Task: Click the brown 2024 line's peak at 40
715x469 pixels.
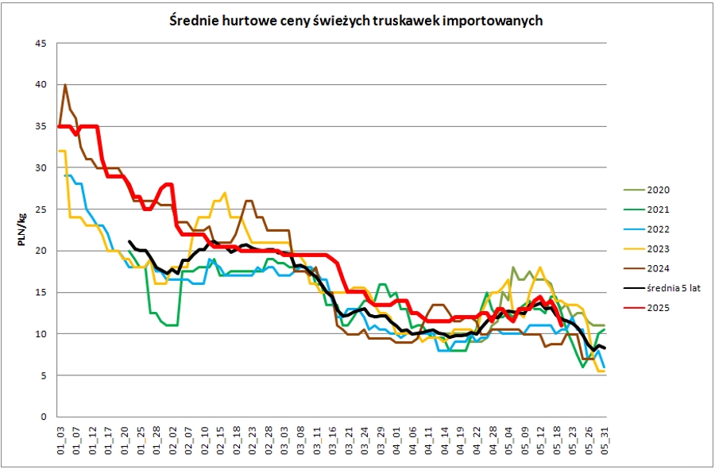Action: click(x=65, y=84)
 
